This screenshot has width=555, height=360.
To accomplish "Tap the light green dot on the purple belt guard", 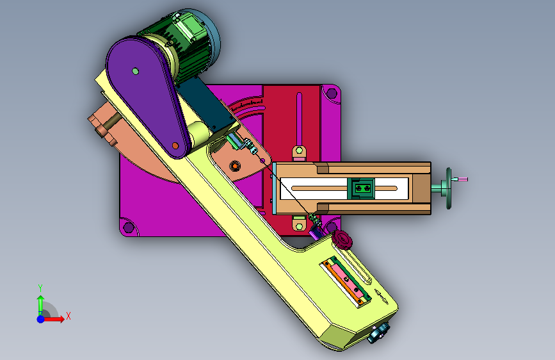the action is coord(135,71).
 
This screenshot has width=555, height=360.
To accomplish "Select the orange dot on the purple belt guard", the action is coord(175,145).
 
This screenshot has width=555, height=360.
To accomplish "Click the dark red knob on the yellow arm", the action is coord(342,240).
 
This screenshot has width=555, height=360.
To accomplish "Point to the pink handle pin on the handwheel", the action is coord(461,179).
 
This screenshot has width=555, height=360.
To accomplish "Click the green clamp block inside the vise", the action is coord(361,188).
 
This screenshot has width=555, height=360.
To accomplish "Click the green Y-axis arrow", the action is coord(40,306).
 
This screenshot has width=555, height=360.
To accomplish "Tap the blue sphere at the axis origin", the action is coord(41,319).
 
